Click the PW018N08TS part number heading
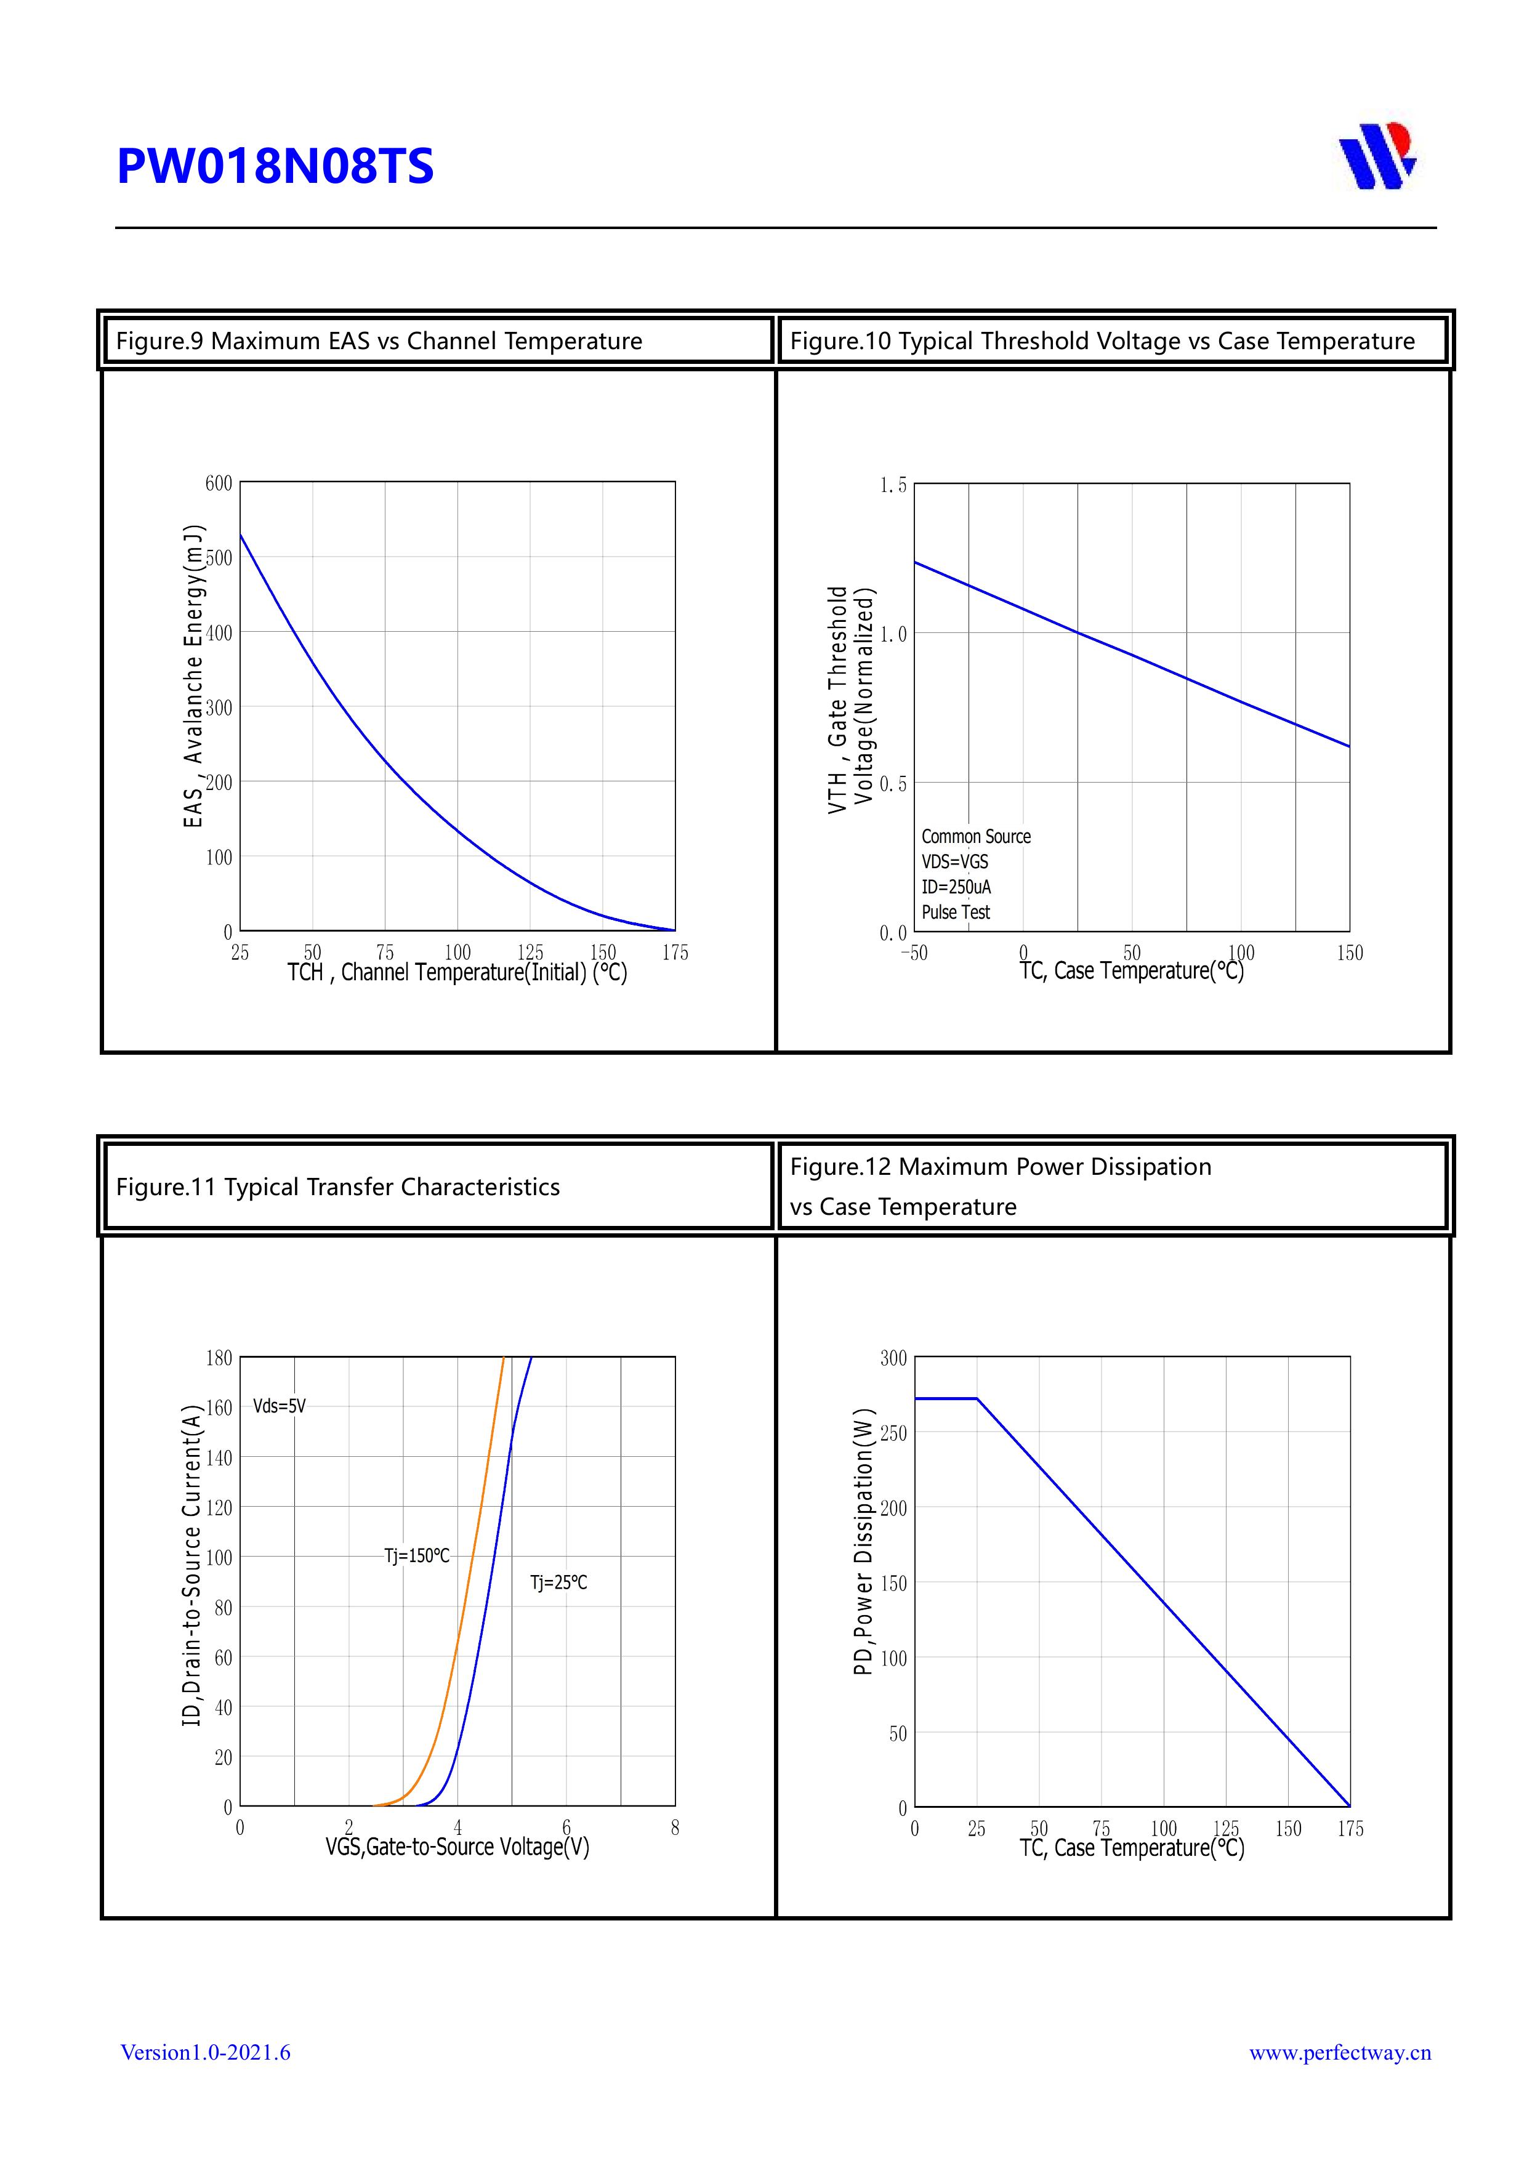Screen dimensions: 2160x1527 pos(275,166)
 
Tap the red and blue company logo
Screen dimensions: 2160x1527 pos(1377,156)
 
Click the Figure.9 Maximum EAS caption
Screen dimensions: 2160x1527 pos(378,342)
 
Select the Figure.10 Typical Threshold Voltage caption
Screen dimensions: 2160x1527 pos(1102,342)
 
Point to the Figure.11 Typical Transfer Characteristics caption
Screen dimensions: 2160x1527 pos(338,1187)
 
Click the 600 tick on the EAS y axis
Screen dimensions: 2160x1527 pos(219,483)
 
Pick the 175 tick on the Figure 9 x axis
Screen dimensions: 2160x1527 pos(675,953)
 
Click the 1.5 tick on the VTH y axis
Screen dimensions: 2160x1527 pos(893,485)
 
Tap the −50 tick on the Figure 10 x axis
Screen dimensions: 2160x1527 pos(914,953)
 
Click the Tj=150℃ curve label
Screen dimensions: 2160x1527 pos(417,1556)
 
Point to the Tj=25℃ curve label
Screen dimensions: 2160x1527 pos(559,1583)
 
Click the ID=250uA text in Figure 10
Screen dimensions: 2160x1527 pos(956,887)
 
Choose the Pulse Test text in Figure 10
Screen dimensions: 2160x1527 pos(956,913)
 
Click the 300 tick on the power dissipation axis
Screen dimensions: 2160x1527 pos(893,1358)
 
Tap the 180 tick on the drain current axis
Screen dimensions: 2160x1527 pos(219,1358)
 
